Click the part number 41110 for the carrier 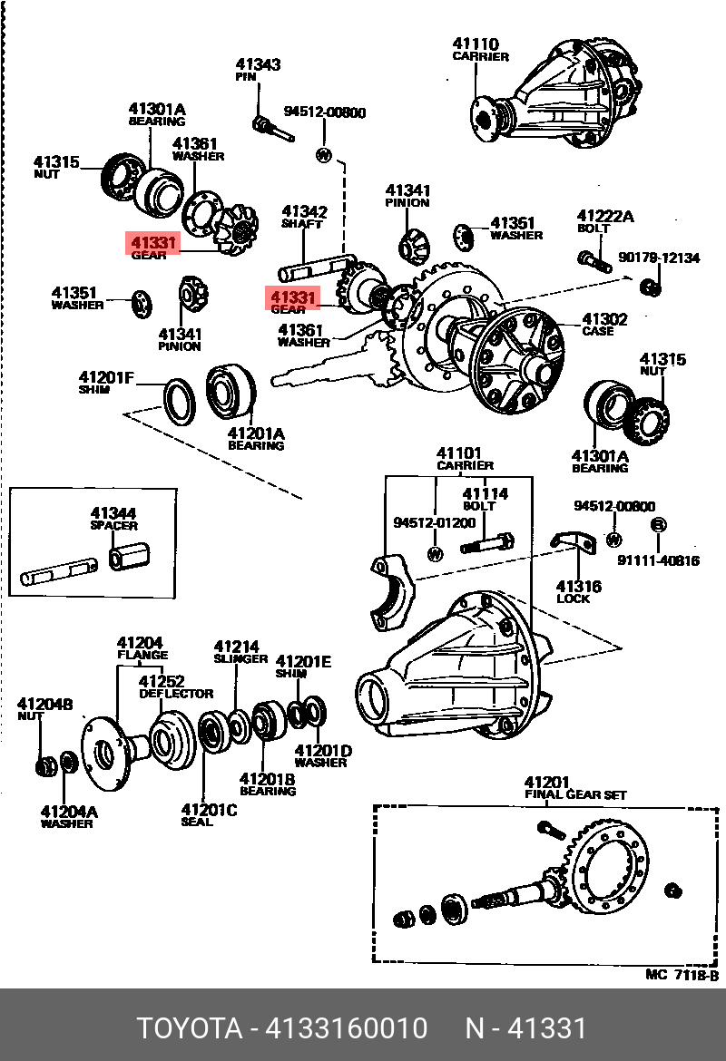coord(475,44)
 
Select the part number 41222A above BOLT coord(605,216)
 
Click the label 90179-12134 coord(659,258)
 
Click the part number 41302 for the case coord(604,319)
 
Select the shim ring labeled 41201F coord(179,400)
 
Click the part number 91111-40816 coord(658,560)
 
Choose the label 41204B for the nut coord(44,704)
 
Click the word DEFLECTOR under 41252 coord(176,694)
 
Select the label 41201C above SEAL coord(209,809)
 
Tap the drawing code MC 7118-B coord(682,975)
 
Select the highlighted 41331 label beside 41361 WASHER coord(291,297)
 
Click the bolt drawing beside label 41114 coord(486,544)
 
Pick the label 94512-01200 coord(434,523)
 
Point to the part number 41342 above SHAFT coord(304,211)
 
